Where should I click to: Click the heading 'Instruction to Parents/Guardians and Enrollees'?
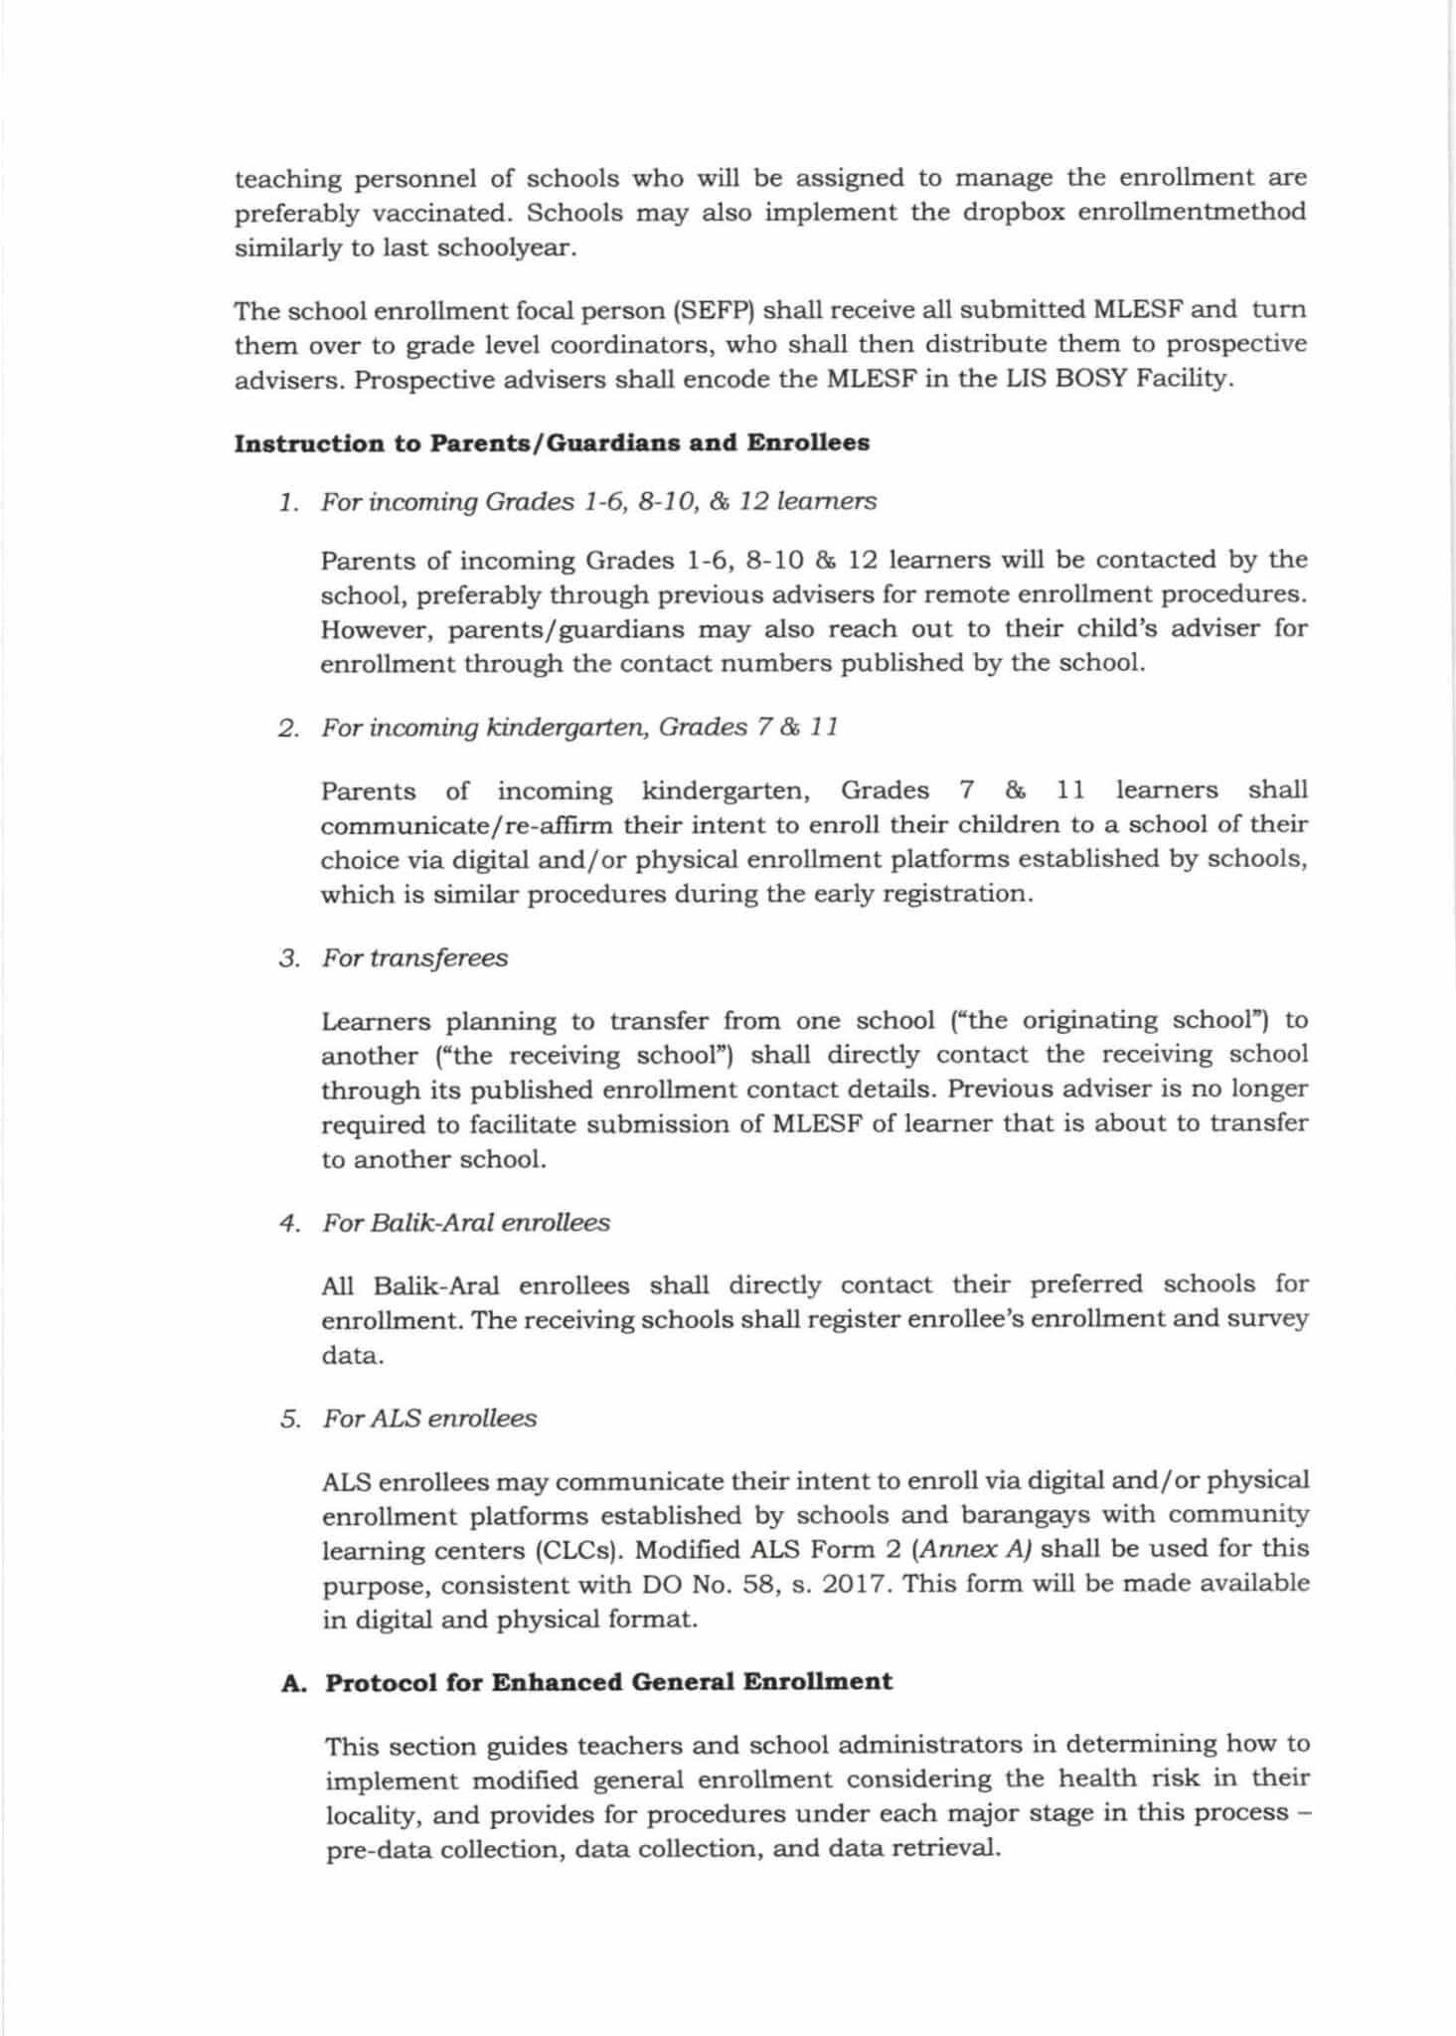click(552, 443)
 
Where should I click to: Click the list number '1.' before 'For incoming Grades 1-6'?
click(288, 502)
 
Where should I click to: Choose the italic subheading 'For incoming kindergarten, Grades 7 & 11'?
click(579, 728)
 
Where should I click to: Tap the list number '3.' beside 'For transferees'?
click(289, 959)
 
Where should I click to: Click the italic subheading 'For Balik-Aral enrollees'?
click(465, 1223)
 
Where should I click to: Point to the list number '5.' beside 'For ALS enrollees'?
click(289, 1420)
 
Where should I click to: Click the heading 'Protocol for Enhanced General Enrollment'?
click(608, 1683)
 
